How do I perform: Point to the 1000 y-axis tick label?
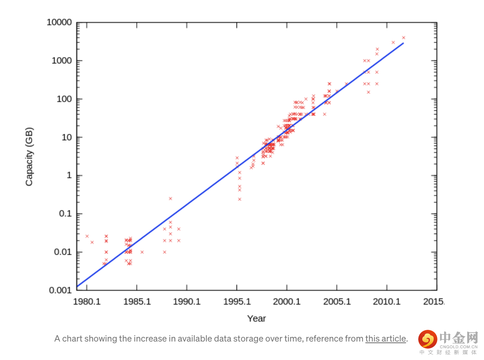(x=61, y=60)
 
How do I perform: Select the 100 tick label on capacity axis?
(x=63, y=99)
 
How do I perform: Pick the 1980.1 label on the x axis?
(x=87, y=302)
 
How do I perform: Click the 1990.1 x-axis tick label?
(x=187, y=302)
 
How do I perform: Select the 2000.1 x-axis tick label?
(x=286, y=302)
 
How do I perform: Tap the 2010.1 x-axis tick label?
(x=386, y=302)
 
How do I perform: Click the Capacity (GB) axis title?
(x=29, y=157)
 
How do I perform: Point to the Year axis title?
(x=256, y=318)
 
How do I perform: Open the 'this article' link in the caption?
(x=385, y=339)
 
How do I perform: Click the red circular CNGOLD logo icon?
(x=427, y=339)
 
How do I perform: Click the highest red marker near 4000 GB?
(x=403, y=37)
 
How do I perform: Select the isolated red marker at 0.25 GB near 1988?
(x=170, y=198)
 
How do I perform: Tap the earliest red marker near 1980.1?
(x=87, y=236)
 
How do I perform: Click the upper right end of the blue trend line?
(x=403, y=43)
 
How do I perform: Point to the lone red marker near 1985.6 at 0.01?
(x=142, y=252)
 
